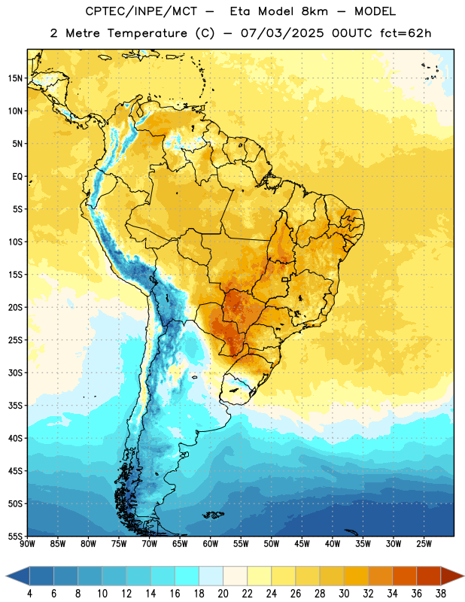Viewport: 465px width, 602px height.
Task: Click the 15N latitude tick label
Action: point(15,78)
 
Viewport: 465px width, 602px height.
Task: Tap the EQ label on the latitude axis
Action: point(17,177)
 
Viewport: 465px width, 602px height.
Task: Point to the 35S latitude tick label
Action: point(15,406)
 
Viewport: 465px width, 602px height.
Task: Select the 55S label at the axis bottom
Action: point(15,537)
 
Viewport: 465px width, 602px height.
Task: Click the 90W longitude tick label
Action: point(28,544)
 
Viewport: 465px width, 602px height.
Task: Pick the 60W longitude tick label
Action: point(211,544)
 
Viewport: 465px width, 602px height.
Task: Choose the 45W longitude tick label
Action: point(302,544)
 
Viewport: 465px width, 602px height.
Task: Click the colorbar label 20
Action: point(223,594)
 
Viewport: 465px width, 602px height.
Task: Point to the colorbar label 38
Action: point(441,594)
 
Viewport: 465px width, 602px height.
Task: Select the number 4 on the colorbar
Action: point(29,594)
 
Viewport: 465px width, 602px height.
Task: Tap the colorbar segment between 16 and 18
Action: point(187,576)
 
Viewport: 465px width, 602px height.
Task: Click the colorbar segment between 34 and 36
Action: point(404,576)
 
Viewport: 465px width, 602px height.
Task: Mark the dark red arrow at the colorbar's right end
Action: point(451,576)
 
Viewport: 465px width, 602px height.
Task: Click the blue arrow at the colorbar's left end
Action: point(18,576)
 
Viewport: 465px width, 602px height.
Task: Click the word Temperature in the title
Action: point(147,33)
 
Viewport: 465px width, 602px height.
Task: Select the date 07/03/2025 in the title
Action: point(282,33)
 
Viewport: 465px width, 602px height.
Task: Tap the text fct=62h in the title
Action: point(406,33)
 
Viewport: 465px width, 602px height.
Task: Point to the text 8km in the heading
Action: point(315,11)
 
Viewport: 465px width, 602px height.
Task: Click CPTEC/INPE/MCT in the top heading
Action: point(141,11)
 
